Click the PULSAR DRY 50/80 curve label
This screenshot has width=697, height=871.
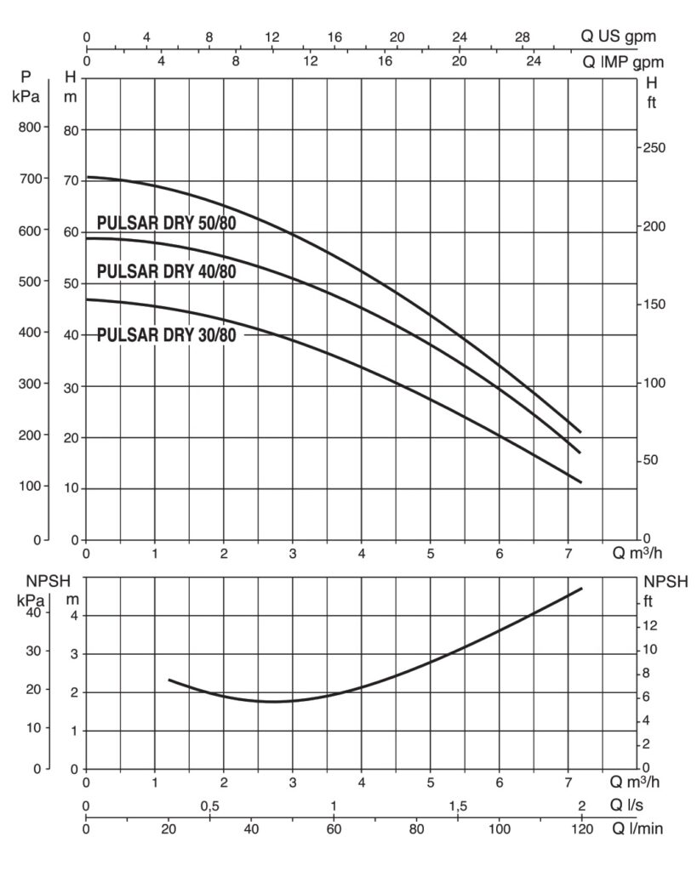click(166, 224)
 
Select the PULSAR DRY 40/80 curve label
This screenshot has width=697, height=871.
click(166, 272)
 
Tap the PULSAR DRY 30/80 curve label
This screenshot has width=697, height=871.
click(166, 334)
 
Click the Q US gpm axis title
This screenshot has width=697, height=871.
click(619, 37)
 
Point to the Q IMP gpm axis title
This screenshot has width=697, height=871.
click(622, 62)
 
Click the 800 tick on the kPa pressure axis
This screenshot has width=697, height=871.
click(29, 128)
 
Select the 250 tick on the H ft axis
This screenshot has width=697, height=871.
click(654, 147)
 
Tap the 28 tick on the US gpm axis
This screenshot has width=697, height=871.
click(523, 37)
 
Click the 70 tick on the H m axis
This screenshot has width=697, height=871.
click(70, 180)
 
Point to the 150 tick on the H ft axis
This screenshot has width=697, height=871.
click(654, 304)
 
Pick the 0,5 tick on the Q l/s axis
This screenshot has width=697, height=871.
click(209, 806)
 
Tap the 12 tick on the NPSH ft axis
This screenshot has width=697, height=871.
click(652, 626)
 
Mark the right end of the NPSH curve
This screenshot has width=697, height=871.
click(582, 588)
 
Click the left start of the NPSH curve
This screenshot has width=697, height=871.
click(169, 680)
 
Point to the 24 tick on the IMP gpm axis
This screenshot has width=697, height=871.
click(533, 62)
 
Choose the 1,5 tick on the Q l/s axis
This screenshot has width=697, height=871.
click(458, 806)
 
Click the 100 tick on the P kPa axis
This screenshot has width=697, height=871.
click(29, 487)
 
